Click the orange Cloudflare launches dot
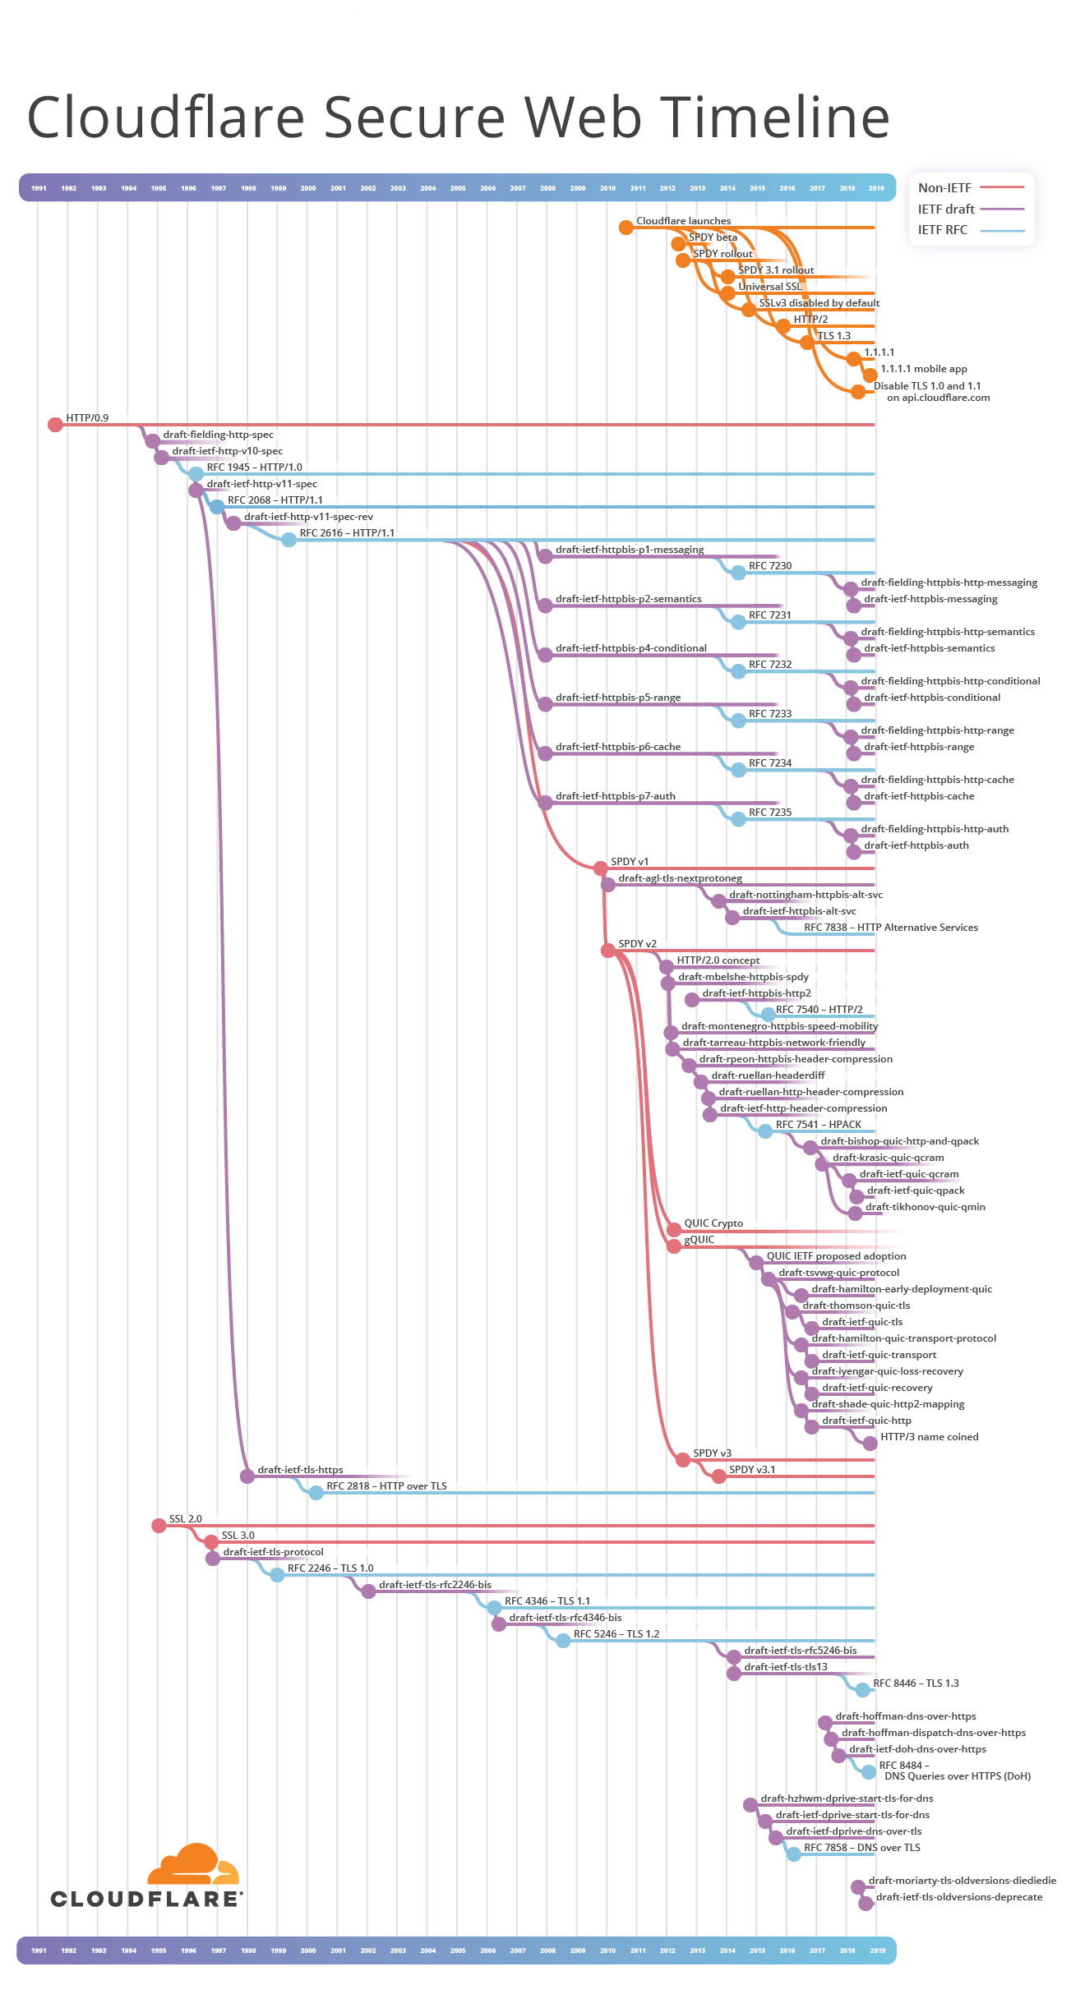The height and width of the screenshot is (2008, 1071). [x=626, y=227]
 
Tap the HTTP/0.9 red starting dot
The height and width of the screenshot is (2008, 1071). [x=55, y=424]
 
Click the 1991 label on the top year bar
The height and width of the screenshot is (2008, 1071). [x=39, y=188]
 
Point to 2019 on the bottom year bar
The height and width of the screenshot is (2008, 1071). [x=877, y=1950]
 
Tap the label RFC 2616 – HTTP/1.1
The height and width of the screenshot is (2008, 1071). [x=347, y=533]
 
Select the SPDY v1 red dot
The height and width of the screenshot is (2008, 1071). [x=601, y=868]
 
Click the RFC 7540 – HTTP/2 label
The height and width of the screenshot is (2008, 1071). [x=819, y=1010]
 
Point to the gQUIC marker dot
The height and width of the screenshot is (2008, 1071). [x=674, y=1246]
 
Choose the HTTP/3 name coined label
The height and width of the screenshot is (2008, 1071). [x=929, y=1437]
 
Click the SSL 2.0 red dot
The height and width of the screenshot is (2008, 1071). [x=159, y=1526]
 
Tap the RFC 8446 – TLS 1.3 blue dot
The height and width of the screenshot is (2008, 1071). [x=862, y=1690]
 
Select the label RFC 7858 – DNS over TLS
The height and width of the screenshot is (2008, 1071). [x=861, y=1848]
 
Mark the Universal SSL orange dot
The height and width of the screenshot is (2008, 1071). [x=727, y=293]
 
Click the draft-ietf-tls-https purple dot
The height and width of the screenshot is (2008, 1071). [x=247, y=1476]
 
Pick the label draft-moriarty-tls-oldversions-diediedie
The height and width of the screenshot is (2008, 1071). [x=962, y=1881]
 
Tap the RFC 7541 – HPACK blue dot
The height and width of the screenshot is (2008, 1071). [x=765, y=1131]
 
